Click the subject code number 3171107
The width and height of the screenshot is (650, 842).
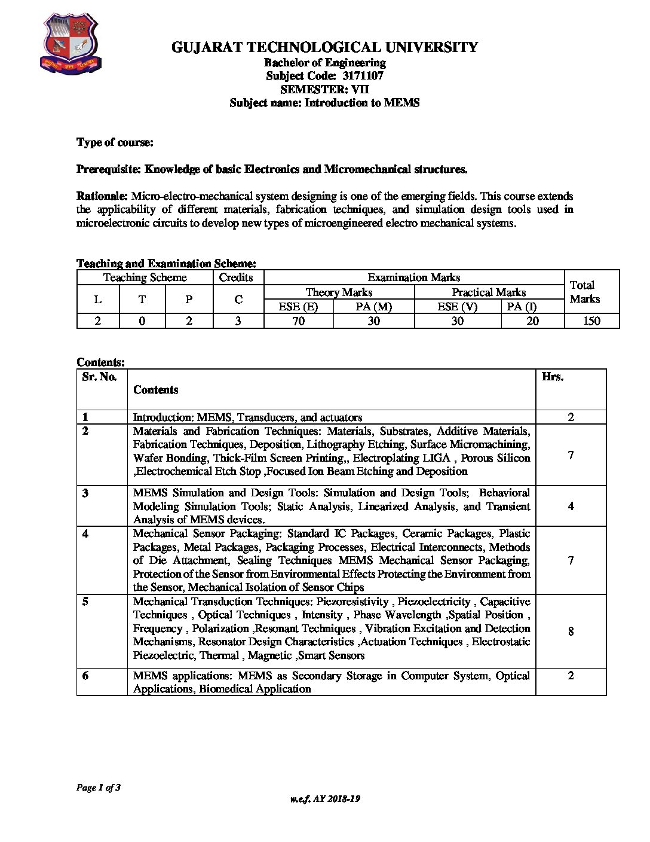click(363, 76)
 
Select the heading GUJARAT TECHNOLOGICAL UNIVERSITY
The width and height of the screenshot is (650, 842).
click(324, 47)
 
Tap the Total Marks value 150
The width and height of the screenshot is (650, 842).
click(591, 321)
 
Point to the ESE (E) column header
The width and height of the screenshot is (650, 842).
click(298, 307)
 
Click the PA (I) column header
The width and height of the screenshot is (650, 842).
click(522, 307)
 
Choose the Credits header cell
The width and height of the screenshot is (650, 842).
click(236, 277)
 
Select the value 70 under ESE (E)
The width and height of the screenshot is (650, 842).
click(298, 321)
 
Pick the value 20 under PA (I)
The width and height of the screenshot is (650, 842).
click(532, 321)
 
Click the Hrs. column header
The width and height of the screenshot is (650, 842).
click(553, 377)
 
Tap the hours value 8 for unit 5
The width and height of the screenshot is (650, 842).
click(571, 631)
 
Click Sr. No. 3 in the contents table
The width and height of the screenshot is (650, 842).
click(85, 493)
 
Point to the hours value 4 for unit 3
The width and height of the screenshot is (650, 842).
click(571, 507)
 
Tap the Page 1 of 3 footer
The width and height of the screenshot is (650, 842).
click(99, 788)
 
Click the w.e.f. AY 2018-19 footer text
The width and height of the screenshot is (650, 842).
click(325, 799)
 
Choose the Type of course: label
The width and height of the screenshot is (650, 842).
click(115, 142)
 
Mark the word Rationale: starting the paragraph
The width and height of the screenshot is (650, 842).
click(102, 196)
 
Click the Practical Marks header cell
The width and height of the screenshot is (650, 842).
click(489, 292)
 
